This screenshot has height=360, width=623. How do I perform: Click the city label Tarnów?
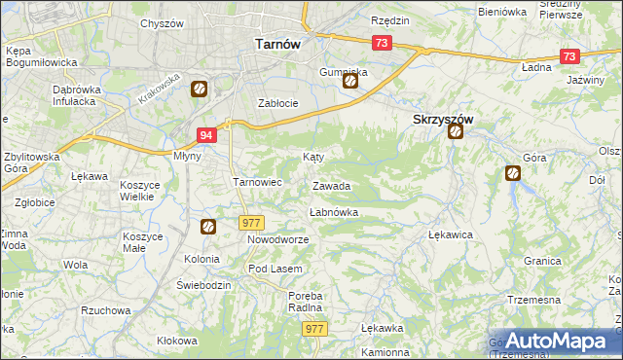pyautogui.click(x=276, y=44)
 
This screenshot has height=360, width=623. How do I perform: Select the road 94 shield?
pyautogui.click(x=205, y=136)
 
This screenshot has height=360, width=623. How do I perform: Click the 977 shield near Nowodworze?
pyautogui.click(x=250, y=223)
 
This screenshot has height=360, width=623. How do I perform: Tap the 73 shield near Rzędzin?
pyautogui.click(x=381, y=43)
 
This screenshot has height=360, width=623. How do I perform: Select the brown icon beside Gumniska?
pyautogui.click(x=349, y=83)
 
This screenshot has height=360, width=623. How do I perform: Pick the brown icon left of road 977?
pyautogui.click(x=208, y=228)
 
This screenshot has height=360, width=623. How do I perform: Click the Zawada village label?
pyautogui.click(x=331, y=186)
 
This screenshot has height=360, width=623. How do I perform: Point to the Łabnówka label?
pyautogui.click(x=333, y=212)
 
